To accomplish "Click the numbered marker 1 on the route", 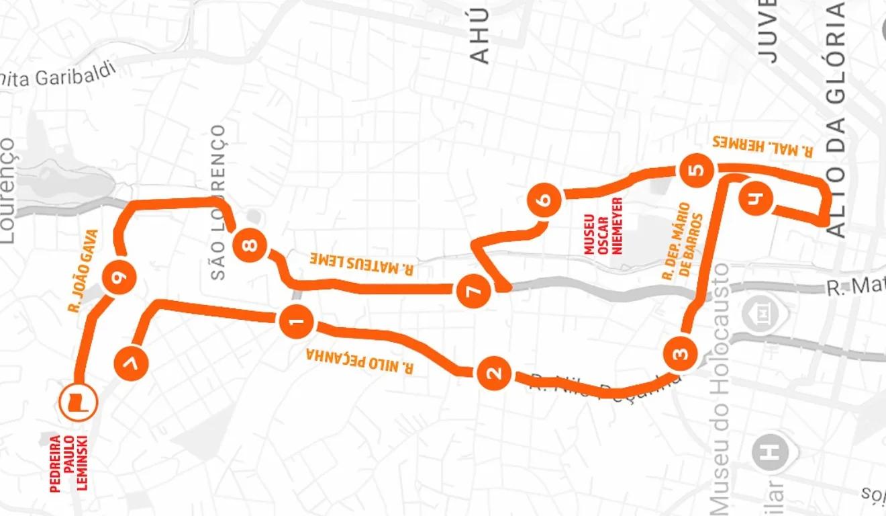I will click(x=296, y=323).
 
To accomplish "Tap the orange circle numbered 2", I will click(x=495, y=374).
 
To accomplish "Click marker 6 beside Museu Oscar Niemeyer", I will click(x=544, y=200).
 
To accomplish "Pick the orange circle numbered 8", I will click(x=250, y=245).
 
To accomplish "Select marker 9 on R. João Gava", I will click(x=119, y=277).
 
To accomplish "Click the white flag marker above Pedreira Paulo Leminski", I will click(x=79, y=401).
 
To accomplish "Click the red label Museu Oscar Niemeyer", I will click(x=603, y=226).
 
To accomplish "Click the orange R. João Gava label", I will click(x=84, y=271).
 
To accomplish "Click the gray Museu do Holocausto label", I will click(x=720, y=389).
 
